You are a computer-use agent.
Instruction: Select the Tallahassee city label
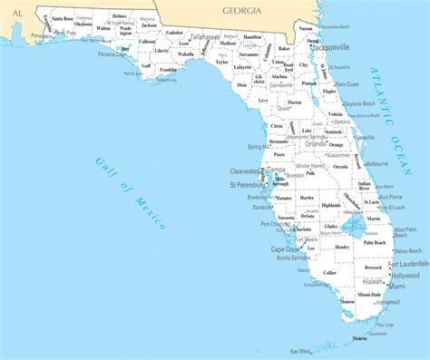click(x=204, y=37)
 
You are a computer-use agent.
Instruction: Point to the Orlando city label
click(x=316, y=142)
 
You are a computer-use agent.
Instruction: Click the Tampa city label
click(x=277, y=170)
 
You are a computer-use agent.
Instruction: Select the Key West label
click(x=300, y=350)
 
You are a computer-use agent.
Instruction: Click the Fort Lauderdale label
click(x=405, y=264)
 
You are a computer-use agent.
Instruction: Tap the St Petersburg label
click(x=247, y=185)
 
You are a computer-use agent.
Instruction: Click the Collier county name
click(x=329, y=272)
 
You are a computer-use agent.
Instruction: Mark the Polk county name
click(x=310, y=173)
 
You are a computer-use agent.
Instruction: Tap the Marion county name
click(x=294, y=102)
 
